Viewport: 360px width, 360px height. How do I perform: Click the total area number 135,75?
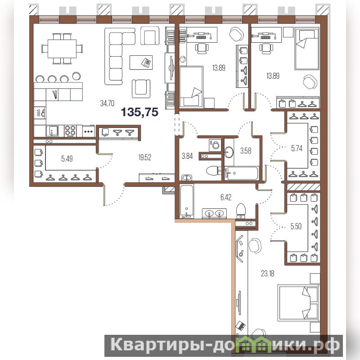click(x=139, y=112)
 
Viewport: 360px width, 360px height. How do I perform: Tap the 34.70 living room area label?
click(x=107, y=103)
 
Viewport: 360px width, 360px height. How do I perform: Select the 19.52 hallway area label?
click(x=145, y=157)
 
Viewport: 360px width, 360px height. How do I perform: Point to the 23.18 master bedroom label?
click(x=267, y=274)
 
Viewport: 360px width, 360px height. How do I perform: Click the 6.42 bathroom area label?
click(x=226, y=197)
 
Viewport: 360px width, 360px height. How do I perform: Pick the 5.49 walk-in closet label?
click(x=67, y=158)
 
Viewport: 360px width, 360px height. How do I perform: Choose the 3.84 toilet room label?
click(x=187, y=156)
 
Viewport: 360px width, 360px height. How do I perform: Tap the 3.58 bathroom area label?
click(x=246, y=151)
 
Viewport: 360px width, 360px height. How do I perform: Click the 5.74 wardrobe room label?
click(x=297, y=148)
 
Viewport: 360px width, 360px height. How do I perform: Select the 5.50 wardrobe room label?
click(x=296, y=226)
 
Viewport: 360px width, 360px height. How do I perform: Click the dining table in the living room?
click(x=62, y=49)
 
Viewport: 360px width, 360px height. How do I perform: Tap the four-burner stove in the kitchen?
click(x=70, y=131)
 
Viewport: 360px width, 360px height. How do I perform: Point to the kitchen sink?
click(x=52, y=131)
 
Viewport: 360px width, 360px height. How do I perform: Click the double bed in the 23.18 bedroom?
click(x=298, y=302)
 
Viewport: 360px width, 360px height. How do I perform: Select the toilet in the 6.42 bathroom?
click(x=241, y=211)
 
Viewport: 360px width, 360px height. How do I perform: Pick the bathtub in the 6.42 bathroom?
click(x=187, y=201)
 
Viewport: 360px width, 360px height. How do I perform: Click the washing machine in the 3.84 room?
click(x=215, y=145)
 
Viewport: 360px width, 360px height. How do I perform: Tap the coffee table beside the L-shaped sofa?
click(x=141, y=62)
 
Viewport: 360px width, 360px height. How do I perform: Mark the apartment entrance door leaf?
click(x=104, y=194)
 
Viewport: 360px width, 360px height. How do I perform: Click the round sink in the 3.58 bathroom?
click(x=229, y=152)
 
